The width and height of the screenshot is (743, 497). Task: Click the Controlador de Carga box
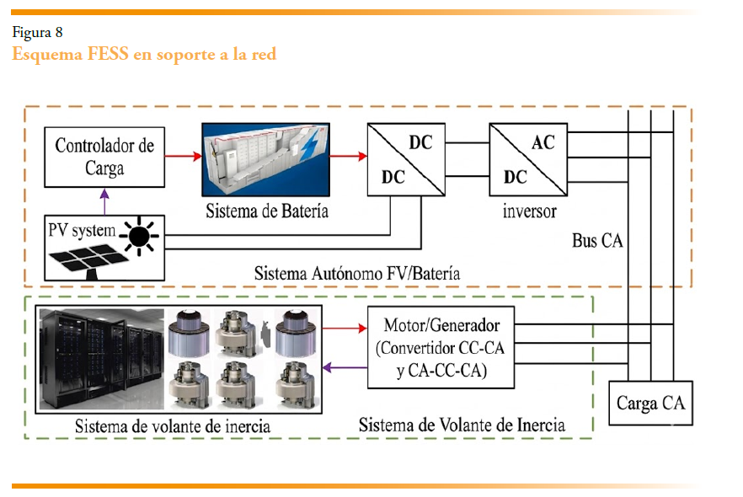[104, 156]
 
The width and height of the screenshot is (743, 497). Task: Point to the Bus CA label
[597, 240]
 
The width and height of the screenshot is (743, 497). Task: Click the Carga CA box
[651, 403]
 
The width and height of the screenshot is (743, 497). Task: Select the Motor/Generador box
[441, 348]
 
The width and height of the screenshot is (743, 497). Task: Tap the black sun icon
[140, 235]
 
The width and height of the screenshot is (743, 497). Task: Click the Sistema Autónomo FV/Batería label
[357, 274]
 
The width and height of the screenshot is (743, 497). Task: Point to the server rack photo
[101, 359]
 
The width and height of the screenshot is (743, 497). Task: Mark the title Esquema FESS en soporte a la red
[144, 54]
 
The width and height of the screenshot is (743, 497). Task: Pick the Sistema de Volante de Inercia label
[462, 424]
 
